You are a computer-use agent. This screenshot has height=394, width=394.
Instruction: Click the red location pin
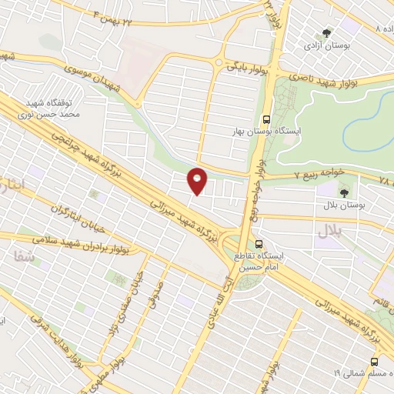199,181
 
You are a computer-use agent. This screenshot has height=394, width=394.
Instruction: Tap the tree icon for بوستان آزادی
328,34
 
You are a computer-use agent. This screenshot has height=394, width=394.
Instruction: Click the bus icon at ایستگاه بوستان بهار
266,119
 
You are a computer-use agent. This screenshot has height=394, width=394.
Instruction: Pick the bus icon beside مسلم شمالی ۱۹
375,361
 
